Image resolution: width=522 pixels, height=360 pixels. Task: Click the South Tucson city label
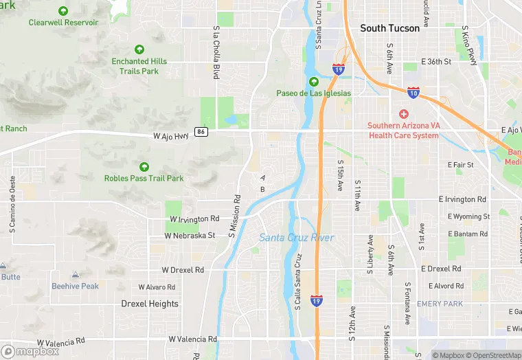(389, 28)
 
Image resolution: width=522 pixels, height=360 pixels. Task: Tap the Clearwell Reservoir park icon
(63, 11)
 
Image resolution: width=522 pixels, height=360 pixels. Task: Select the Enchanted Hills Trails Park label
(139, 66)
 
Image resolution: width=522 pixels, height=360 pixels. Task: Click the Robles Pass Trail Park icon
(144, 167)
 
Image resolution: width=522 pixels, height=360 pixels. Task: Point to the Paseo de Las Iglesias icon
(314, 82)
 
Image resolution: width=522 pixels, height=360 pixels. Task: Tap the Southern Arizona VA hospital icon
(403, 113)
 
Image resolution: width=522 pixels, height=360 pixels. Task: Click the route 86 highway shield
(201, 132)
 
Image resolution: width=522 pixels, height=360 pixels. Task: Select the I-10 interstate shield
(413, 91)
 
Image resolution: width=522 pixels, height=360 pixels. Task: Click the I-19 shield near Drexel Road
(316, 301)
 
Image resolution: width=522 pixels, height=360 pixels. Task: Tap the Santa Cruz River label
(297, 238)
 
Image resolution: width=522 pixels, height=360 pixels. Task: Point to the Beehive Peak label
(75, 286)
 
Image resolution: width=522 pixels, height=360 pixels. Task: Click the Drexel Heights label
(150, 304)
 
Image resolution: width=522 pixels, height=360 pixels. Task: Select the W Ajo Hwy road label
(170, 136)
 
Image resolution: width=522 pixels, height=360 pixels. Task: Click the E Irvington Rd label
(466, 199)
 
